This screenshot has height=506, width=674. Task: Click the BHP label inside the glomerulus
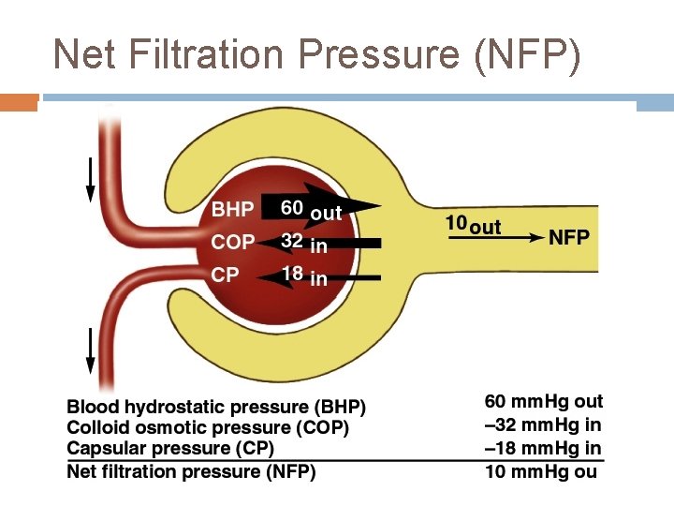[232, 209]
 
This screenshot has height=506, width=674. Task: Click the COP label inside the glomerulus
[233, 242]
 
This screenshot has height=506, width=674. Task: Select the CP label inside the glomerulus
[226, 275]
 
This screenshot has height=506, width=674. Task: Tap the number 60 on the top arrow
[293, 207]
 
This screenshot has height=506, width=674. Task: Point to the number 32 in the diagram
[292, 241]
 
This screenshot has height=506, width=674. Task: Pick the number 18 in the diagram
[292, 274]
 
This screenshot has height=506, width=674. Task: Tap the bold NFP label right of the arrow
[569, 237]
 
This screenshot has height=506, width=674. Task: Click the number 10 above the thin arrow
[456, 224]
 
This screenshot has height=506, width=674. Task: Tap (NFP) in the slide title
[528, 55]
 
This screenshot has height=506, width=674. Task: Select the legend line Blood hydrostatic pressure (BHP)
[216, 408]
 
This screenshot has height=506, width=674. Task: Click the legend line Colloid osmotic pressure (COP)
[208, 428]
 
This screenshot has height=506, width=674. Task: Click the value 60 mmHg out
[543, 402]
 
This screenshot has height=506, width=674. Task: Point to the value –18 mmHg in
[543, 449]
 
